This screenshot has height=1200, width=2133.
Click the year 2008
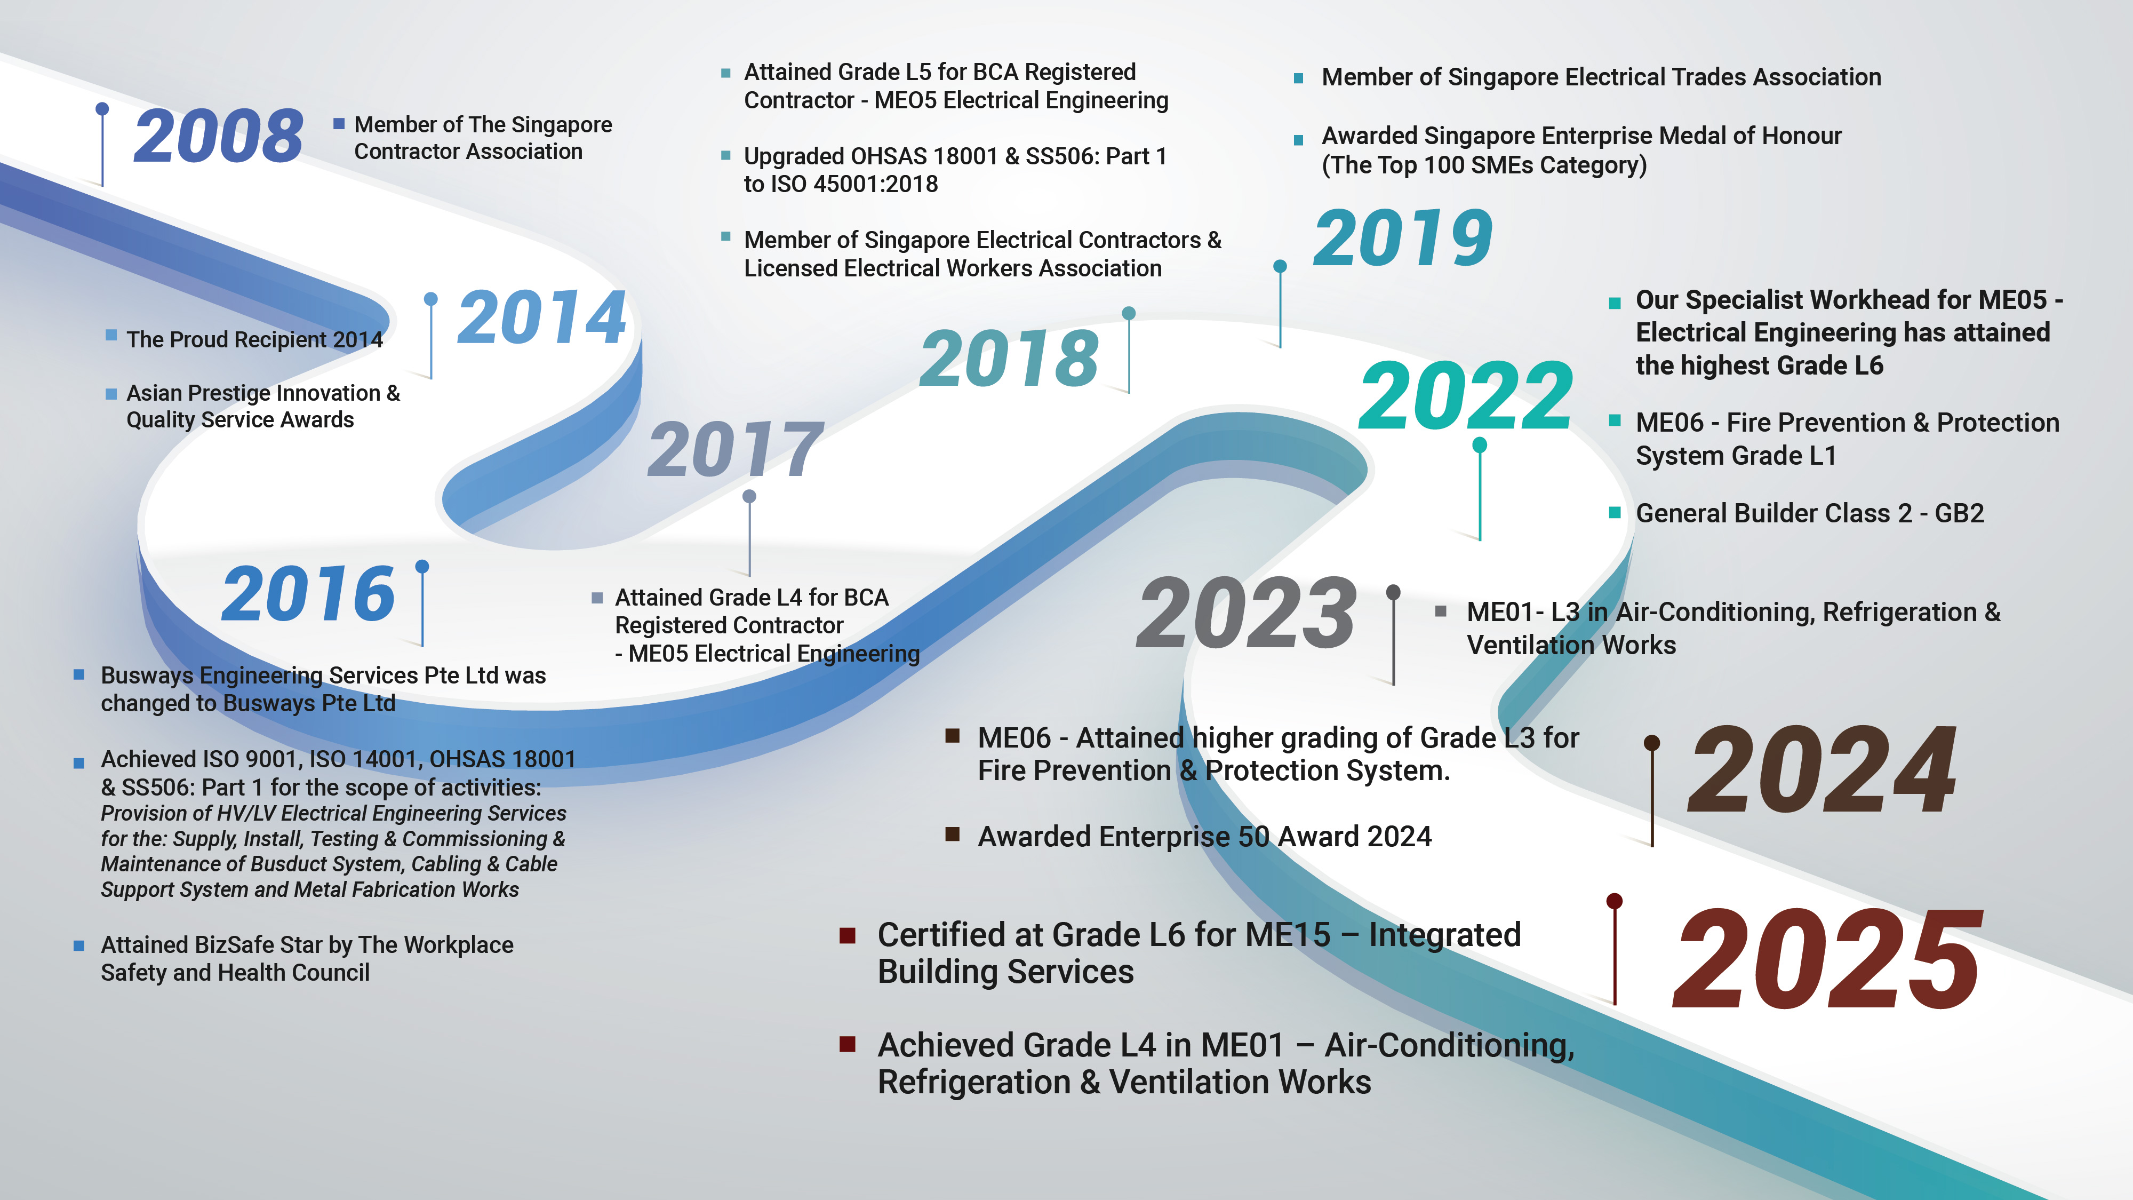(x=219, y=136)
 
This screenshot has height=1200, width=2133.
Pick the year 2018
(x=1009, y=358)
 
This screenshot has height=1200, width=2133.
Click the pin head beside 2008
(x=102, y=108)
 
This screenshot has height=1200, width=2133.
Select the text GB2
(x=1959, y=513)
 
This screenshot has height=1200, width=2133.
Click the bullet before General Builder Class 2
(x=1614, y=513)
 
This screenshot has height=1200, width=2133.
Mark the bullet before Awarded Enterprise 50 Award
(x=952, y=834)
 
